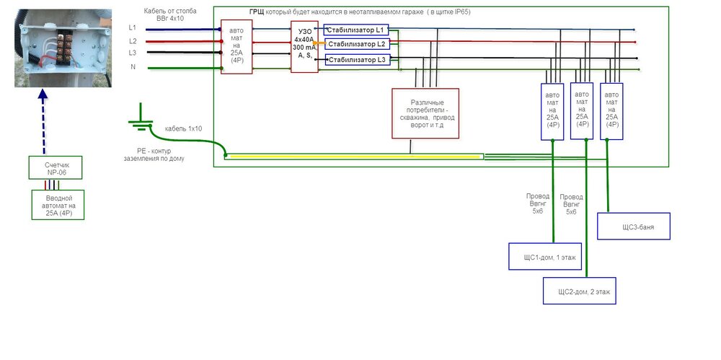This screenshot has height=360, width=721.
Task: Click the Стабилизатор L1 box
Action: (x=357, y=30)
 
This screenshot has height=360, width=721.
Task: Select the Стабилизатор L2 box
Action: (x=357, y=44)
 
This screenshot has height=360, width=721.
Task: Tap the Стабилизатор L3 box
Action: (x=357, y=59)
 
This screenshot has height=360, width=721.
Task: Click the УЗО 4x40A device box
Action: (x=304, y=46)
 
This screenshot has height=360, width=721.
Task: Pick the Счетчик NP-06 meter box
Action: (x=57, y=167)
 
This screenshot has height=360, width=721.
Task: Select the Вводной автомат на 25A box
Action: (x=58, y=204)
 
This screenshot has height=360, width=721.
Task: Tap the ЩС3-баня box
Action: (x=634, y=226)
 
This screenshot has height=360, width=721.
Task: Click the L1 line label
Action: (x=133, y=27)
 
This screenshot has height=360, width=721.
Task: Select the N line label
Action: (x=133, y=67)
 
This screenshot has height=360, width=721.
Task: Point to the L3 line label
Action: (x=133, y=53)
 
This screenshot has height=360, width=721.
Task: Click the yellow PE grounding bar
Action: (x=353, y=156)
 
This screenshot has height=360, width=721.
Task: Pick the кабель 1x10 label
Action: (x=183, y=128)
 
